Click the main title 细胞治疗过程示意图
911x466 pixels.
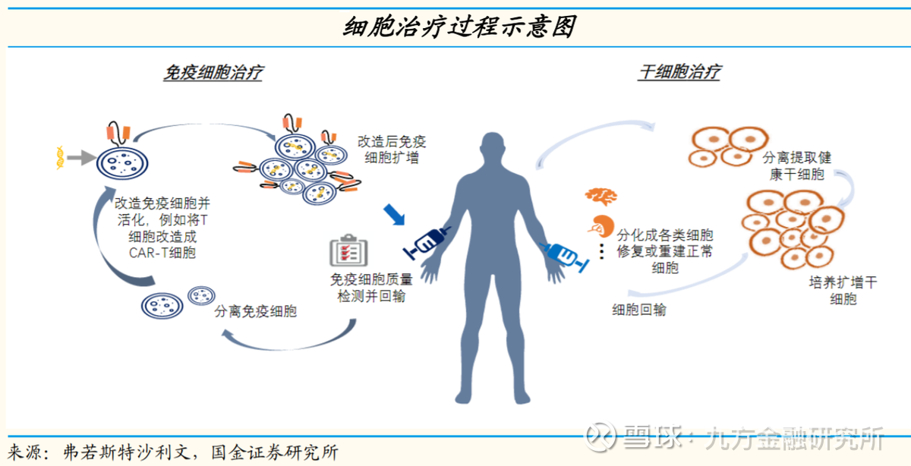459,27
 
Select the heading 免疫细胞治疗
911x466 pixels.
213,73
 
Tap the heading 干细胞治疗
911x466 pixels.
679,72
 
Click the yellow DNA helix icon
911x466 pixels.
60,158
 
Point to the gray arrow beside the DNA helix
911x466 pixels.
81,157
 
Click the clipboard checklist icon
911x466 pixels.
348,250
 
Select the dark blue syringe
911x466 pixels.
427,242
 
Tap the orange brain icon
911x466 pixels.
601,196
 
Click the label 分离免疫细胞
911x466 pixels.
255,311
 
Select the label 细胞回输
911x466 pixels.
639,310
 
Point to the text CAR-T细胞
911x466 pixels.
162,253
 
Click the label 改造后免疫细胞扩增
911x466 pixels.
392,150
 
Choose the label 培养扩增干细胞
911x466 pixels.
843,291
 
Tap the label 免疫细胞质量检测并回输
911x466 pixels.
371,288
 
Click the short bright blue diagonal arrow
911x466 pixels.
394,214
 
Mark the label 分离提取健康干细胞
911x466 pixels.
796,166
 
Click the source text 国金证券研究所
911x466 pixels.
275,452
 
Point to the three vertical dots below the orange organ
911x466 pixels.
602,252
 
